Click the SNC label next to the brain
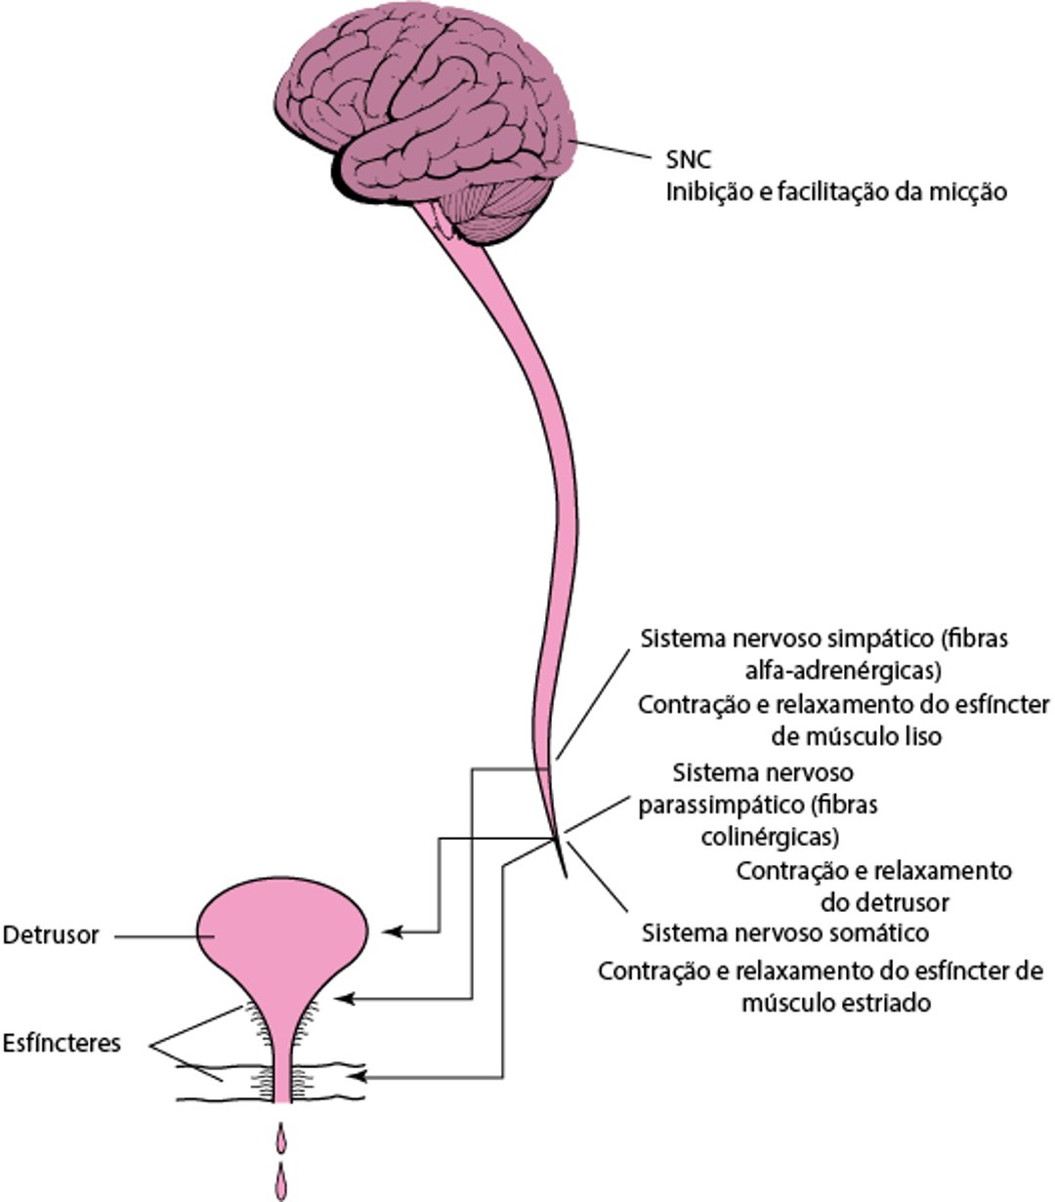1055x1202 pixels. pyautogui.click(x=688, y=160)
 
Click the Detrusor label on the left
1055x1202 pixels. pyautogui.click(x=51, y=934)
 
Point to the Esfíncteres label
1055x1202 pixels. pyautogui.click(x=62, y=1043)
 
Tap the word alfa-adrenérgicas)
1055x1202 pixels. pyautogui.click(x=841, y=671)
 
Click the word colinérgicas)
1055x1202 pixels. pyautogui.click(x=771, y=837)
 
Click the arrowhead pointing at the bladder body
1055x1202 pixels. pyautogui.click(x=392, y=932)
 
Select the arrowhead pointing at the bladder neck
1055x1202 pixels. pyautogui.click(x=343, y=999)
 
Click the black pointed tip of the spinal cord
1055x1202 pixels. pyautogui.click(x=564, y=863)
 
